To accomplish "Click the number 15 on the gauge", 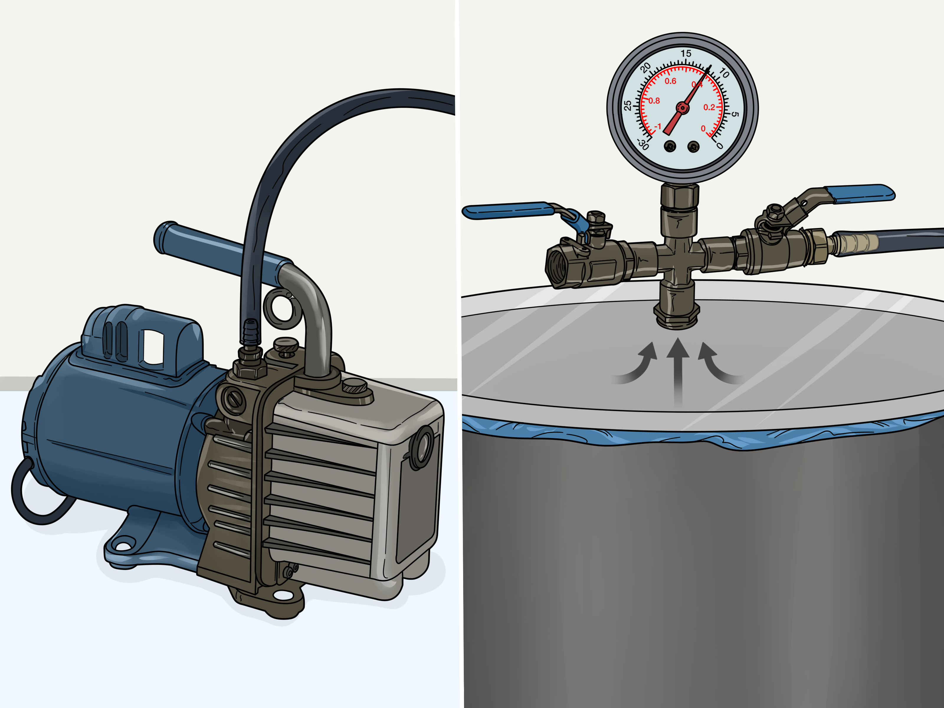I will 686,54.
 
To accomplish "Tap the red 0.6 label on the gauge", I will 671,81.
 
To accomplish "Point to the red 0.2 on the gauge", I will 709,107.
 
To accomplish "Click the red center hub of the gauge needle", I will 682,108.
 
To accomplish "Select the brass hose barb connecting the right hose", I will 853,243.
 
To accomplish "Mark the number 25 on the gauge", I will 628,105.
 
